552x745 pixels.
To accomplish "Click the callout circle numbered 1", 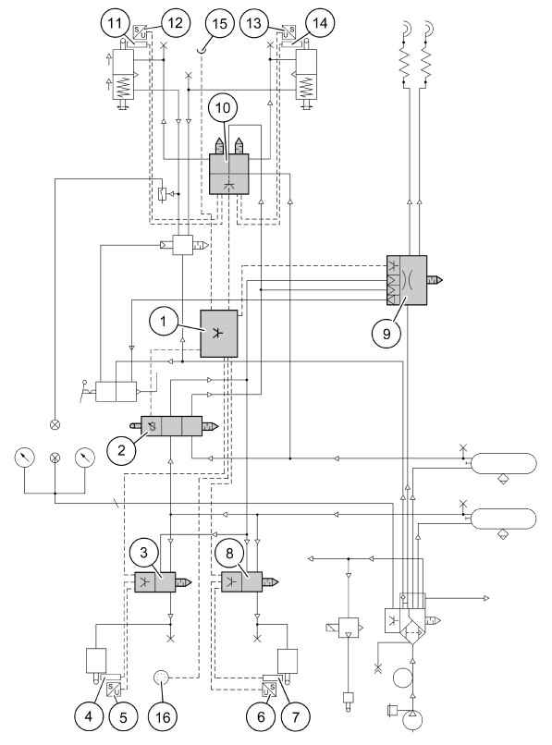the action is click(163, 323).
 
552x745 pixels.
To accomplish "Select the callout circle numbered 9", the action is click(386, 334).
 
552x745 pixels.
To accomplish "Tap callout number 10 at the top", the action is click(222, 108).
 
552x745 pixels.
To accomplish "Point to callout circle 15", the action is click(219, 23).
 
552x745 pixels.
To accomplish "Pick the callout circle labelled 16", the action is click(163, 716).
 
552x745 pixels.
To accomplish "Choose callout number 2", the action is click(122, 449).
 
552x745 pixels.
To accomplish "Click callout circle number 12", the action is click(175, 23).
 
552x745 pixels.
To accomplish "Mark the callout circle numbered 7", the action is click(295, 716).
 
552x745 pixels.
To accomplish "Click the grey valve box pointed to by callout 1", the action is click(219, 334).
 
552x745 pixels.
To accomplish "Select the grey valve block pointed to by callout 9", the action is click(407, 280).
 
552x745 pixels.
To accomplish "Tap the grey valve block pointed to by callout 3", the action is click(155, 582).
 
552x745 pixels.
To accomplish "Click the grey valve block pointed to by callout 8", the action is click(241, 582).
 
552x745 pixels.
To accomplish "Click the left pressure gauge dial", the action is click(25, 457).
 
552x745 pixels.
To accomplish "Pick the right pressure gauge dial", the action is click(85, 457).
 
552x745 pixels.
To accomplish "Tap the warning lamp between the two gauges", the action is click(55, 458).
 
